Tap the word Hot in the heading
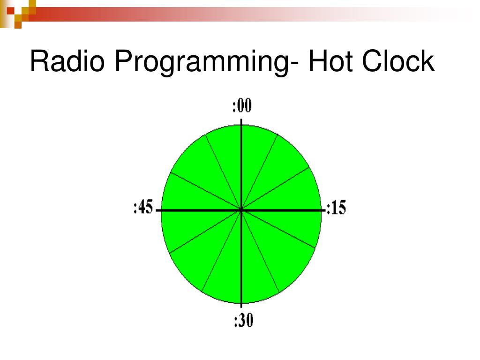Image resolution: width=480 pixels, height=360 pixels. click(x=330, y=61)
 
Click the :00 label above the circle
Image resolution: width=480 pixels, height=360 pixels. click(x=242, y=106)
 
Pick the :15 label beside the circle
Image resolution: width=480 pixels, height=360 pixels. click(x=336, y=208)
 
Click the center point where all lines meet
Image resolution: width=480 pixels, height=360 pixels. click(x=241, y=210)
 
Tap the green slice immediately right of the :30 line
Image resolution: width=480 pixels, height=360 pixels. click(x=258, y=272)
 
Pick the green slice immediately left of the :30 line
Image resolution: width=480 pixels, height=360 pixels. click(x=224, y=272)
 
